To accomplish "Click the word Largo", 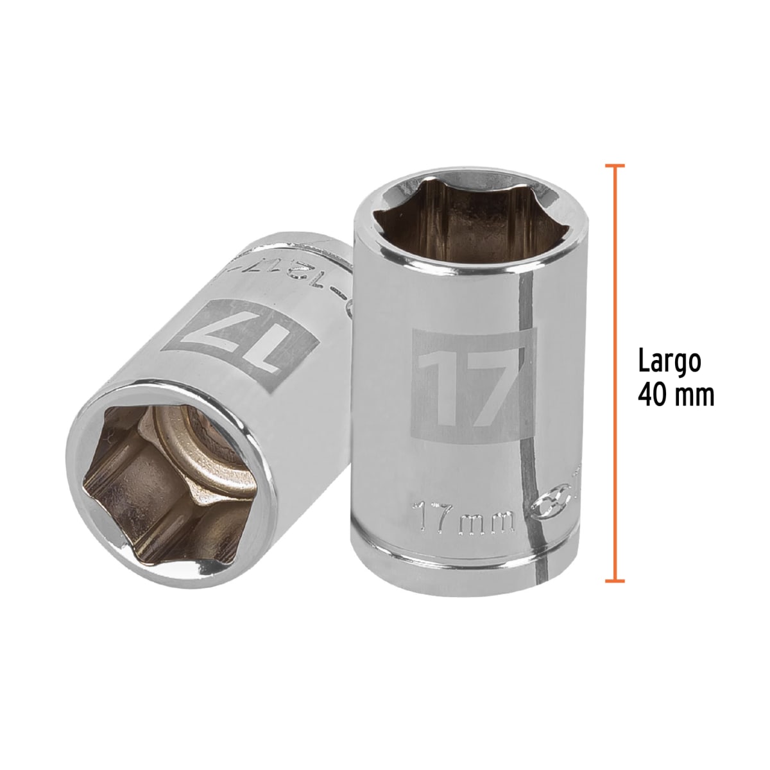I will point(669,362).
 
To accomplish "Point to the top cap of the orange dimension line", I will point(615,166).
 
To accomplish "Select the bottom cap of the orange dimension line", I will point(615,581).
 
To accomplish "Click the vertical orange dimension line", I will point(615,372).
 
